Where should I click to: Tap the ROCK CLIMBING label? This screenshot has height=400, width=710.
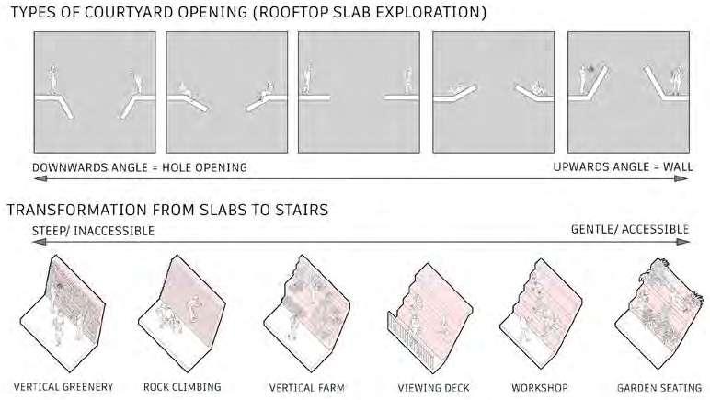[x=182, y=387]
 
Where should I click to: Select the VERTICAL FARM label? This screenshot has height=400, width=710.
[x=306, y=387]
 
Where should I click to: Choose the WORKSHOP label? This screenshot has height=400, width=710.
[x=539, y=387]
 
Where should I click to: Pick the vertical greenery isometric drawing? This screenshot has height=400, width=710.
[x=62, y=308]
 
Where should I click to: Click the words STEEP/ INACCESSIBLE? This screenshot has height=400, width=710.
[x=80, y=230]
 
